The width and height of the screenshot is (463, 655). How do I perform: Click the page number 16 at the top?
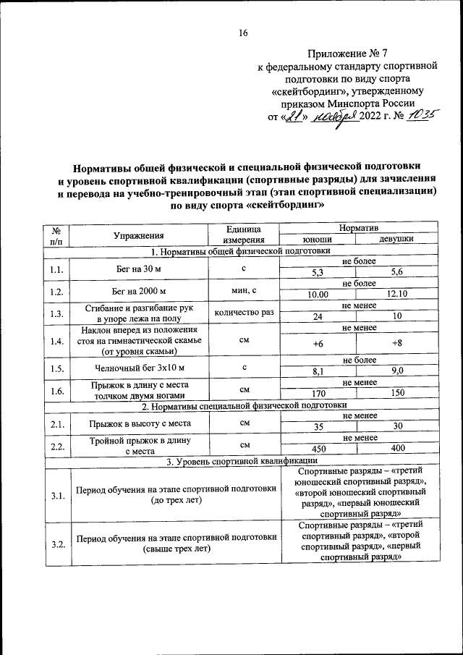pos(243,32)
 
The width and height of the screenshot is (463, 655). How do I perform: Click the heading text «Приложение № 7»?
pos(347,53)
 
